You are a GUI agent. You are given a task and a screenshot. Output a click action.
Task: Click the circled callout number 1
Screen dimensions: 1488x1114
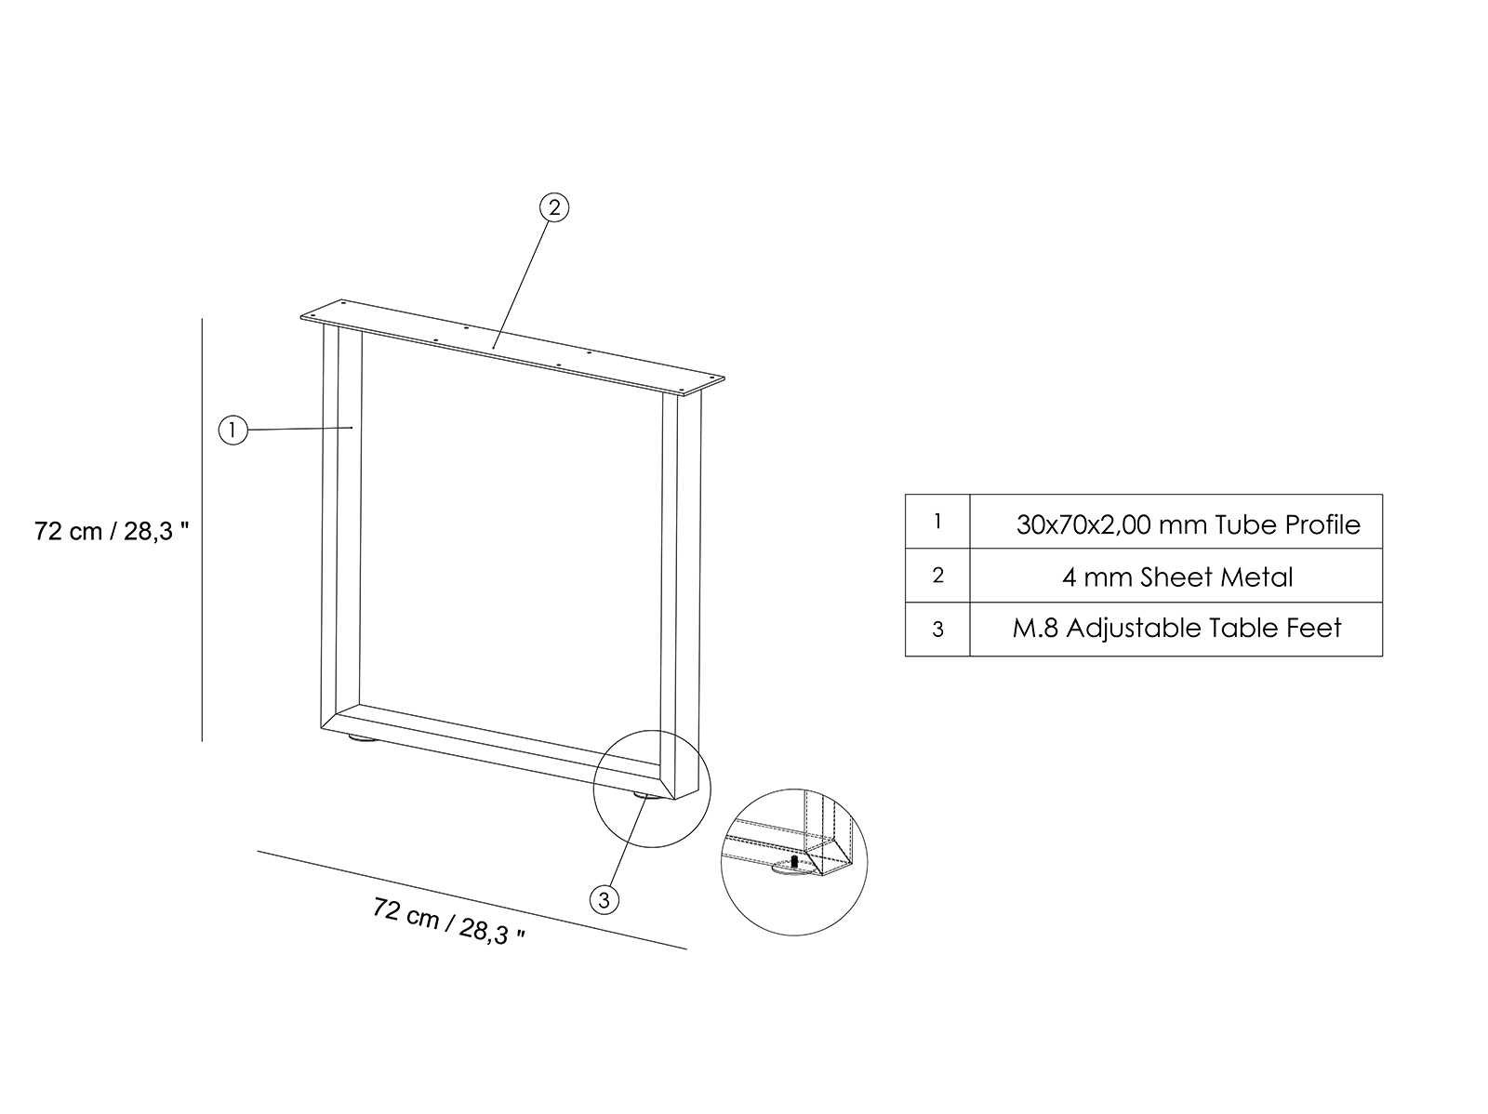click(x=232, y=430)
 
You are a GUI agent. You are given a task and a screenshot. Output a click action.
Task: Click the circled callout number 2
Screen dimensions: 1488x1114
click(x=554, y=208)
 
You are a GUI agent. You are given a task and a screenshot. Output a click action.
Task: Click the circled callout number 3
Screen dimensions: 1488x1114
click(x=604, y=900)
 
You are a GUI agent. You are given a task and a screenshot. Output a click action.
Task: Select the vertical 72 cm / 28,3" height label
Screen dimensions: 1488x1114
click(x=112, y=531)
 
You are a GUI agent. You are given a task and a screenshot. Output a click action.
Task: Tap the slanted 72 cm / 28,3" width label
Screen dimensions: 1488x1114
click(x=449, y=921)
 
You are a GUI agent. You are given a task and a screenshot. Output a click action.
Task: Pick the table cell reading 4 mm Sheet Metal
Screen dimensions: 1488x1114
click(x=1176, y=577)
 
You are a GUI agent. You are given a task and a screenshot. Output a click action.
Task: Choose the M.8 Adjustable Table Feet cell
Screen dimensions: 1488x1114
click(x=1176, y=629)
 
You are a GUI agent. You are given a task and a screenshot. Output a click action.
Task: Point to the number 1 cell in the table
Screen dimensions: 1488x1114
click(x=937, y=522)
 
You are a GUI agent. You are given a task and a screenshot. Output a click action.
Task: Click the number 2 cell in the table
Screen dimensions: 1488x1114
click(x=937, y=576)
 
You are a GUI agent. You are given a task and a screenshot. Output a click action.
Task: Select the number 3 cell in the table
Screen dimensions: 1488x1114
click(x=937, y=630)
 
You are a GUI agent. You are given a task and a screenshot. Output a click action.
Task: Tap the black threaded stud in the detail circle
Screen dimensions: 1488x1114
click(x=794, y=861)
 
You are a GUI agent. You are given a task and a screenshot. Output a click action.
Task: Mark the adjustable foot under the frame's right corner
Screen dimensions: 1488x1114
click(x=646, y=796)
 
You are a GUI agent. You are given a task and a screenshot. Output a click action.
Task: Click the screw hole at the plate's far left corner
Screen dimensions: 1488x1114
click(x=312, y=314)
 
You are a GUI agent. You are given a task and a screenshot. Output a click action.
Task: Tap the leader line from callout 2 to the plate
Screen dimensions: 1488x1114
click(x=521, y=285)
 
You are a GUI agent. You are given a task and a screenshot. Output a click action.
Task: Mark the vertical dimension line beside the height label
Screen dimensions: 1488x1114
click(x=202, y=530)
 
